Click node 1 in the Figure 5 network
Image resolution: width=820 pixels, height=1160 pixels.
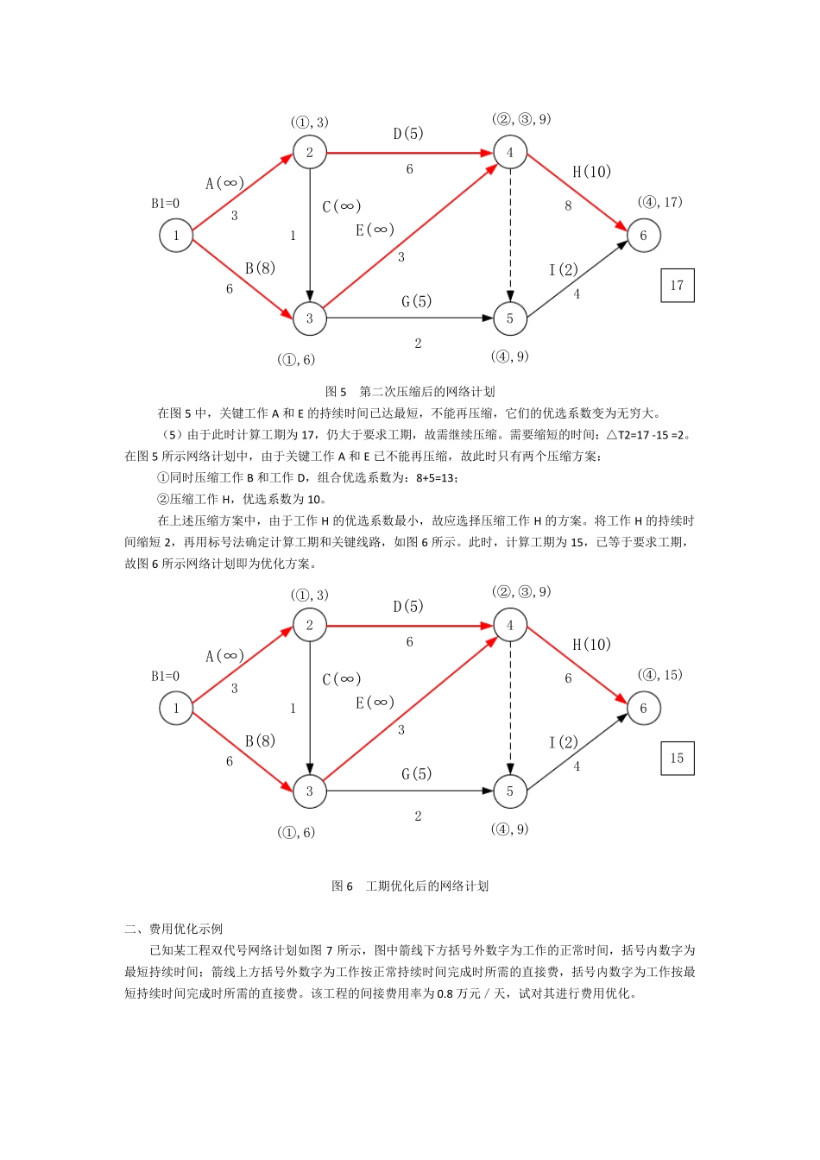[x=176, y=236]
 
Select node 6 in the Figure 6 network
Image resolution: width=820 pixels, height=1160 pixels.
[x=643, y=709]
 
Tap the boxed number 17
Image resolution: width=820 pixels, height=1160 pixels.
[x=677, y=286]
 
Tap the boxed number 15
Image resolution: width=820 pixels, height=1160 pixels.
[x=677, y=759]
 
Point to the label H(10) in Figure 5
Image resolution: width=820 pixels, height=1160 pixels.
[x=591, y=172]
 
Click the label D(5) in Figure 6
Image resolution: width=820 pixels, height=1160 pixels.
[x=408, y=606]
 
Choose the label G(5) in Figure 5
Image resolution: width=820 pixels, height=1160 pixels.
[x=416, y=301]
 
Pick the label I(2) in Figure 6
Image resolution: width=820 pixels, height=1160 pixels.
[x=564, y=742]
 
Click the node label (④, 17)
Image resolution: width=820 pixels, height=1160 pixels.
[x=659, y=202]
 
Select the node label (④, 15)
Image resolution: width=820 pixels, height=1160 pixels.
[x=659, y=675]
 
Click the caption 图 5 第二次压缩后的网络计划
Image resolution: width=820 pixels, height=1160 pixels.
[x=410, y=391]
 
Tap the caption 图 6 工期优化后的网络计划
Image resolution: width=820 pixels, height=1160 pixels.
[x=410, y=886]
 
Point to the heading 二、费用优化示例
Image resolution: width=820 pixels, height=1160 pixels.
[x=173, y=929]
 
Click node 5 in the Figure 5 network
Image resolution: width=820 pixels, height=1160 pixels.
[x=510, y=318]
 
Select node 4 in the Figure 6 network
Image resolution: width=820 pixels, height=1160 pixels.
[x=510, y=626]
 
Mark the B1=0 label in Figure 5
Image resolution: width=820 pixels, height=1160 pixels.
[x=166, y=204]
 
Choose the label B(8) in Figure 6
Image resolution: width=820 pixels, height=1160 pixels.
[x=260, y=741]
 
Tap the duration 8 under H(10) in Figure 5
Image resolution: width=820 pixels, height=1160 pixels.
[x=568, y=205]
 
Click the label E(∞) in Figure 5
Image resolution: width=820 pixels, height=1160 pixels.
[x=375, y=230]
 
